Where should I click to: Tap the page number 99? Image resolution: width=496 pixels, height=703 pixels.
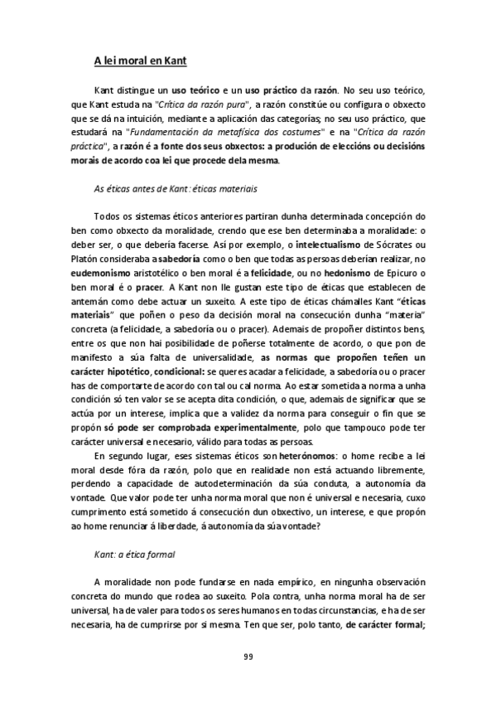(x=248, y=657)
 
